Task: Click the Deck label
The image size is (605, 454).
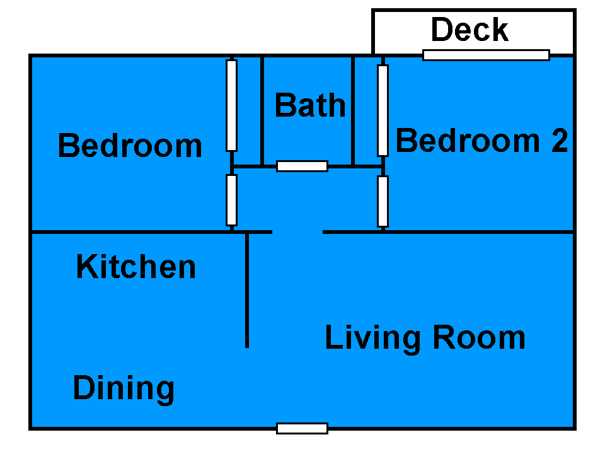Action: pyautogui.click(x=470, y=30)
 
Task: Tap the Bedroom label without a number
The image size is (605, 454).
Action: pyautogui.click(x=130, y=146)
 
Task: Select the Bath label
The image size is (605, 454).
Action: pyautogui.click(x=310, y=105)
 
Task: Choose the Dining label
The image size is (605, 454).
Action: pyautogui.click(x=124, y=389)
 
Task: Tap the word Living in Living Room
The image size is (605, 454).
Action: pyautogui.click(x=372, y=339)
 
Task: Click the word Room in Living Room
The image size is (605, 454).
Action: pyautogui.click(x=479, y=337)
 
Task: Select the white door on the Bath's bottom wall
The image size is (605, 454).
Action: pyautogui.click(x=302, y=166)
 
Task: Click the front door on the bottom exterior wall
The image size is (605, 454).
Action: pyautogui.click(x=302, y=428)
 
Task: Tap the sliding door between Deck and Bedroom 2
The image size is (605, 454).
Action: pyautogui.click(x=486, y=55)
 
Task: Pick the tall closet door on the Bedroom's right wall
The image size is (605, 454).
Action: pyautogui.click(x=231, y=105)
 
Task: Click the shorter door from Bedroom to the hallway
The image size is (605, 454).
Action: pyautogui.click(x=231, y=200)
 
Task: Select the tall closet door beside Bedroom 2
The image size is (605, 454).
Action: pyautogui.click(x=383, y=110)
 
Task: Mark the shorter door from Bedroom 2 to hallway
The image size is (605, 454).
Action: pyautogui.click(x=383, y=201)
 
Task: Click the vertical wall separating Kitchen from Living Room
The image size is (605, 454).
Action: pyautogui.click(x=247, y=290)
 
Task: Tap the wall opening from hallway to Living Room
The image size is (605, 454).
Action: pyautogui.click(x=297, y=232)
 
